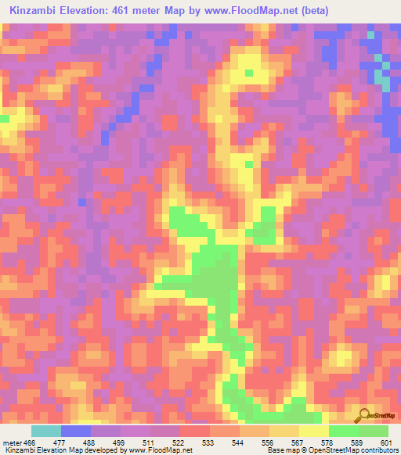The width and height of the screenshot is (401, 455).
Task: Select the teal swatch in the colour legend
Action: click(46, 431)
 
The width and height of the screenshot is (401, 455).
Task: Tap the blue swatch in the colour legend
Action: click(76, 431)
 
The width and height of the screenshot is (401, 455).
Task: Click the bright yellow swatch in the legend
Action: click(313, 431)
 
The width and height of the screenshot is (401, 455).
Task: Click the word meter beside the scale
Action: click(11, 442)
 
